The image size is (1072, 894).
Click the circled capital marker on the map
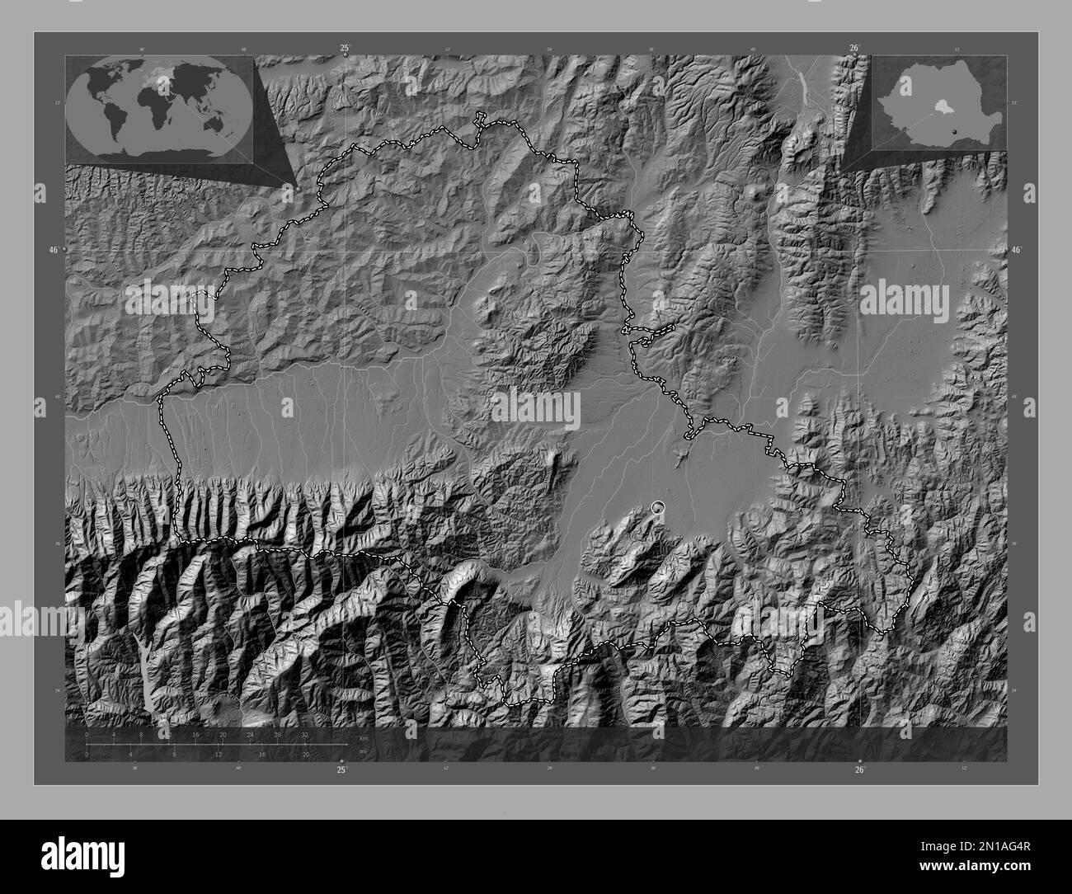[657, 507]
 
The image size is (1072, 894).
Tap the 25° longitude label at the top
[344, 49]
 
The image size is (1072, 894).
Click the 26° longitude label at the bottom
[859, 769]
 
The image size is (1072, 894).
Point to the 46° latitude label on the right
[1016, 249]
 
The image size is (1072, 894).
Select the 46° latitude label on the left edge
[54, 249]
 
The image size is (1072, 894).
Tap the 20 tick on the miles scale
[305, 754]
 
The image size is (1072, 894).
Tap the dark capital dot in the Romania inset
[957, 130]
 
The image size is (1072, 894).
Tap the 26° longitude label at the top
[853, 49]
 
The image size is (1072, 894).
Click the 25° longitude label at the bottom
[341, 769]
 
